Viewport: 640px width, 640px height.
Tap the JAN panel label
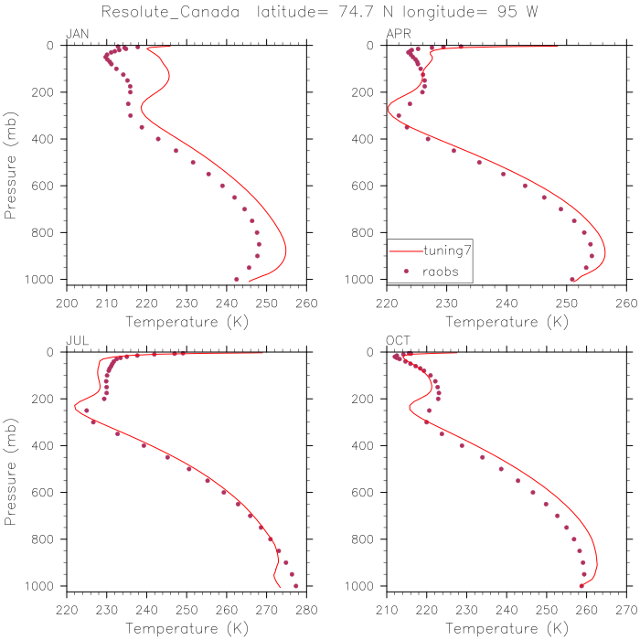pyautogui.click(x=78, y=35)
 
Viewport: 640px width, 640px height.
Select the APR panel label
pyautogui.click(x=399, y=35)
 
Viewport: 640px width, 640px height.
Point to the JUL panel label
pyautogui.click(x=77, y=341)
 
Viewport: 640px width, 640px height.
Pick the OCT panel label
pyautogui.click(x=399, y=341)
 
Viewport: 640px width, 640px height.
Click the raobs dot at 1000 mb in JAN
pyautogui.click(x=237, y=279)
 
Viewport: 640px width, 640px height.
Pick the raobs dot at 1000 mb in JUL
pyautogui.click(x=295, y=585)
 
